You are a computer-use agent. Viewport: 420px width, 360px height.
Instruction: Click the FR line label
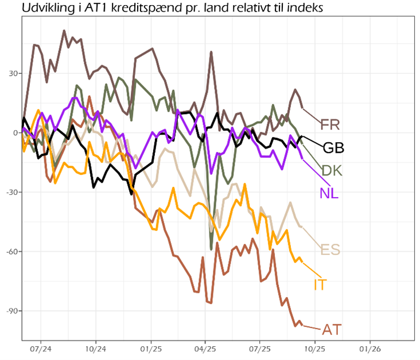tap(330, 124)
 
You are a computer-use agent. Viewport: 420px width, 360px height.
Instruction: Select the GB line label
tap(333, 148)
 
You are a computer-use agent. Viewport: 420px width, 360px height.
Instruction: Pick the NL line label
tap(329, 193)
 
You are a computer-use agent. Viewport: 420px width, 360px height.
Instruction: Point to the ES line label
tap(330, 250)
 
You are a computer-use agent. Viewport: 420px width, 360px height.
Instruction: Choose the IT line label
tap(320, 284)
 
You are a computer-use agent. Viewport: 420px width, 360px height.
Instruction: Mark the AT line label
tap(332, 330)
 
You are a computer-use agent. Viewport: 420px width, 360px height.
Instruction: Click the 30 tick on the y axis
tap(11, 73)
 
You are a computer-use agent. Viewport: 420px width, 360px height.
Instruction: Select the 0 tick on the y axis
tap(14, 133)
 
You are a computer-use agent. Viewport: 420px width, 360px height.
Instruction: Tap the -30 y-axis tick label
tap(10, 192)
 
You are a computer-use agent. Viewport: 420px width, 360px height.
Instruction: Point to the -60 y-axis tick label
tap(10, 252)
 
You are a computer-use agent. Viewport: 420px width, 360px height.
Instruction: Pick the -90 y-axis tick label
tap(10, 311)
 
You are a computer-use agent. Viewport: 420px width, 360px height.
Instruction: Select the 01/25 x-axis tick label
tap(150, 348)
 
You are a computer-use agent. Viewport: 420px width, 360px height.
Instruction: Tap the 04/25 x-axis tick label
tap(205, 348)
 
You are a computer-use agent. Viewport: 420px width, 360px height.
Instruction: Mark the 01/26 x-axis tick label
tap(370, 348)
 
